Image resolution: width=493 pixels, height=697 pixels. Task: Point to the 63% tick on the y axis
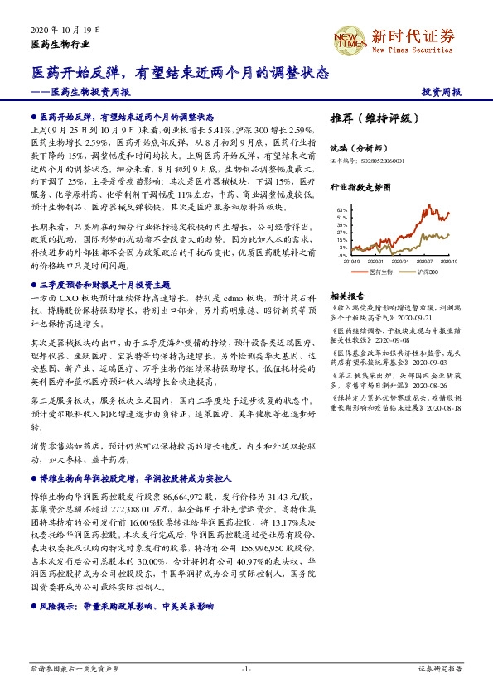coord(341,211)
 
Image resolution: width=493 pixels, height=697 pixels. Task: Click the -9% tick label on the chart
coord(342,255)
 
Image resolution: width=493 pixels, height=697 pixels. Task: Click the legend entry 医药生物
coord(375,272)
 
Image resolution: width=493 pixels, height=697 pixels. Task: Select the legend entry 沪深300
coord(428,272)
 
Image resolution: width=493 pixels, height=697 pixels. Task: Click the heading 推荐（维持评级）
coord(369,118)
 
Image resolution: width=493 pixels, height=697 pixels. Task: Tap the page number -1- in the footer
coord(246,668)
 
